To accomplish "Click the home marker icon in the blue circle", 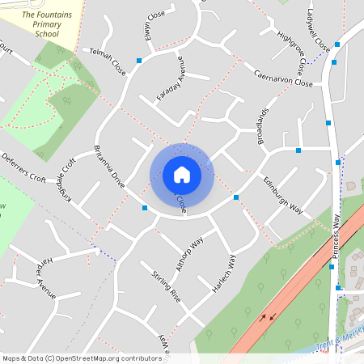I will (x=182, y=175).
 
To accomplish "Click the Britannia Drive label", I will (x=109, y=166).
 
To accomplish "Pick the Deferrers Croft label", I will (x=23, y=168).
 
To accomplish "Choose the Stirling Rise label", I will (x=166, y=287).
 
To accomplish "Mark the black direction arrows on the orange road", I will (x=267, y=315).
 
